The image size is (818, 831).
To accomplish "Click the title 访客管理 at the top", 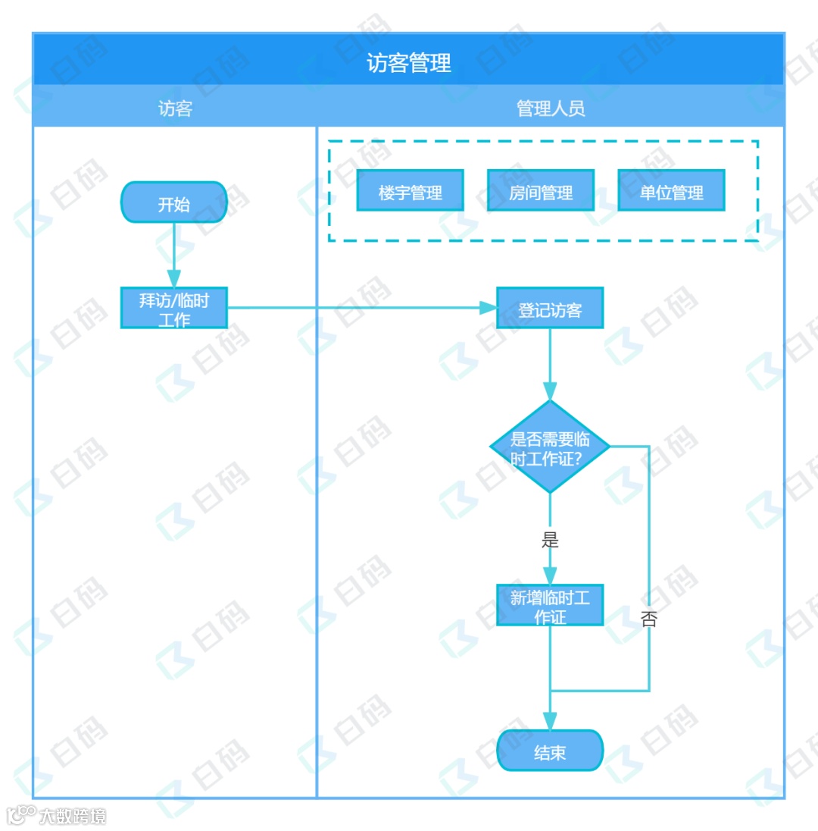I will (x=409, y=63).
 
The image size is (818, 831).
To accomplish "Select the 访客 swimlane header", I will (x=175, y=108).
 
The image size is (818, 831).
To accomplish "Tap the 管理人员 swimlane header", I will (x=551, y=108).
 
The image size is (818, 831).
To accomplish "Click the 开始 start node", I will (x=174, y=202).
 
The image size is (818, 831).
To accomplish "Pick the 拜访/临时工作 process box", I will (x=174, y=308).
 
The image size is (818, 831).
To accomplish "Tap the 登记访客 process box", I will (x=550, y=308).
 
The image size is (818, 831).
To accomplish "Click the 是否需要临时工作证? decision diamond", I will (x=550, y=447).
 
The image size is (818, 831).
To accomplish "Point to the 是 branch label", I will (x=550, y=540).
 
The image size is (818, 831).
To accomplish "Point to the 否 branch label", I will (x=649, y=619).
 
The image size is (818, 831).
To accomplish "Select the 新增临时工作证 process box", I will (x=550, y=605).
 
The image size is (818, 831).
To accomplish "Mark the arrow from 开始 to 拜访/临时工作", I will (x=174, y=254).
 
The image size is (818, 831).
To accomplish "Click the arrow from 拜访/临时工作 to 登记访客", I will (x=356, y=308).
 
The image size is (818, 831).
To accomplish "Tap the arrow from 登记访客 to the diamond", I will (x=550, y=364).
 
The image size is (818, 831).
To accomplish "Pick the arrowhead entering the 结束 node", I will (x=550, y=721).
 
